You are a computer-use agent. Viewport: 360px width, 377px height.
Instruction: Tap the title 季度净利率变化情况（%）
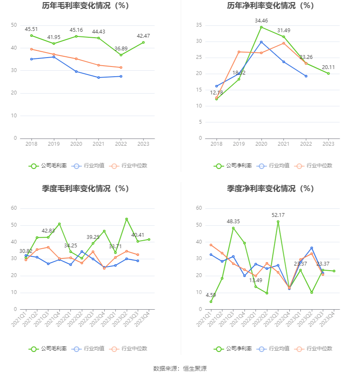point(270,189)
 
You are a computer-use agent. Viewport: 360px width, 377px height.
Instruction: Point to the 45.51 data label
point(31,29)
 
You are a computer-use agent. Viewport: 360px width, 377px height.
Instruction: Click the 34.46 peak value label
point(261,21)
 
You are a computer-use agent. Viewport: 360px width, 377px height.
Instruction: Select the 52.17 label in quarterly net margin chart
point(278,215)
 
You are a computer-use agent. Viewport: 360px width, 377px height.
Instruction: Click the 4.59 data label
point(211,295)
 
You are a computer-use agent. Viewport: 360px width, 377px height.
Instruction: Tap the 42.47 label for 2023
point(143,36)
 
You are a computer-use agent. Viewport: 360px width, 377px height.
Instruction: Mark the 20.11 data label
point(328,67)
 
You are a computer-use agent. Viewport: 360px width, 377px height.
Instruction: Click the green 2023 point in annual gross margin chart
point(144,42)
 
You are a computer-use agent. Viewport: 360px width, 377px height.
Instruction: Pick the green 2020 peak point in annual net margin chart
point(261,27)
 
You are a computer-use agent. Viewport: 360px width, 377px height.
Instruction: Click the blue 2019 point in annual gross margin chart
point(54,57)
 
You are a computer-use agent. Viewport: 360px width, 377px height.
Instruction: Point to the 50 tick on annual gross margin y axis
point(14,25)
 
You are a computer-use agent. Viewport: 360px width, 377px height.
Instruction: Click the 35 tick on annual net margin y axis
point(199,25)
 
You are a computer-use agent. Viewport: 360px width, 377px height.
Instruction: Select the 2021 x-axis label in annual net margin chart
point(284,144)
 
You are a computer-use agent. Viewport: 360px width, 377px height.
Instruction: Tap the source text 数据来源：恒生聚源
point(180,369)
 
